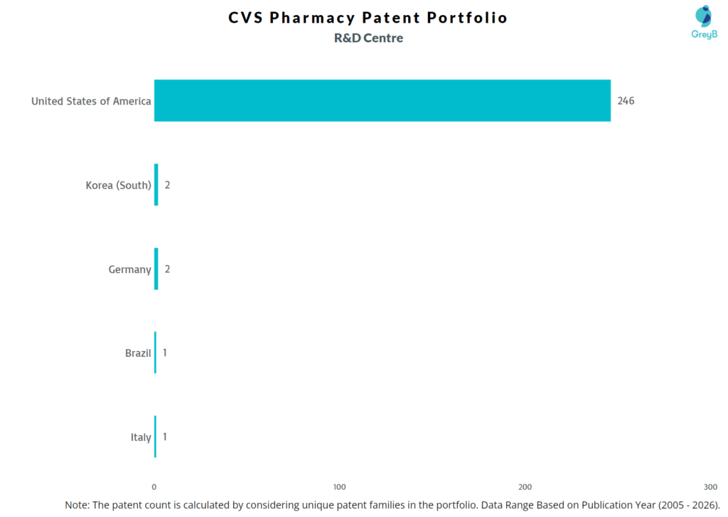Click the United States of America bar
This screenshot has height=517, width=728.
382,100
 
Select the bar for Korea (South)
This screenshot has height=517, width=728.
156,185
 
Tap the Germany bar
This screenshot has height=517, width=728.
156,269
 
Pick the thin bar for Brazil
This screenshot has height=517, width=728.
155,353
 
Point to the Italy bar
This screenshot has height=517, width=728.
155,437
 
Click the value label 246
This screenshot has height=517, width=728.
626,101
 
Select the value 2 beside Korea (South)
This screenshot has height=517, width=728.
168,185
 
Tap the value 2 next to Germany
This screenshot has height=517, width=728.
168,269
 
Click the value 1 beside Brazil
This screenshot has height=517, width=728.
165,353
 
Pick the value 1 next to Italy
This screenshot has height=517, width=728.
165,437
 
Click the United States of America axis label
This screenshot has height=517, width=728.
91,101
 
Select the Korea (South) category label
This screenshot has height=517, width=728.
118,185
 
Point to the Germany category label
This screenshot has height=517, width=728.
129,270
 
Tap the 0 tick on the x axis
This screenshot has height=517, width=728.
154,486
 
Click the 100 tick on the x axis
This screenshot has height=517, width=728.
340,486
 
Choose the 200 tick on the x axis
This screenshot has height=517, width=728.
525,486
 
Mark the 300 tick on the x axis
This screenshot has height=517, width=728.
710,486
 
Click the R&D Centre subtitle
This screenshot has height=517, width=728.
368,38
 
